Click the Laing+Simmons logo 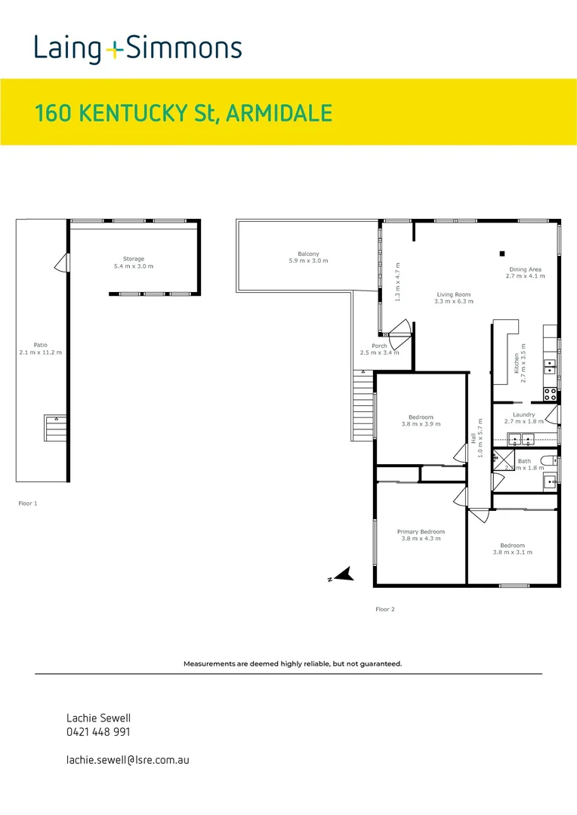pos(137,50)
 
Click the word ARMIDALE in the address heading pos(279,113)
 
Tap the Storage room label pos(133,263)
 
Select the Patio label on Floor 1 pos(42,349)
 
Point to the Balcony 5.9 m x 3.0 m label pos(308,257)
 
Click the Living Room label pos(453,298)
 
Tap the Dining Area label pos(523,272)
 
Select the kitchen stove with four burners pos(550,393)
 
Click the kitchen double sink pos(551,367)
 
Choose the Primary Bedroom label pos(421,535)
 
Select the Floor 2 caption pos(385,609)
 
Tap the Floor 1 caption pos(27,503)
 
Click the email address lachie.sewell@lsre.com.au pos(128,760)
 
